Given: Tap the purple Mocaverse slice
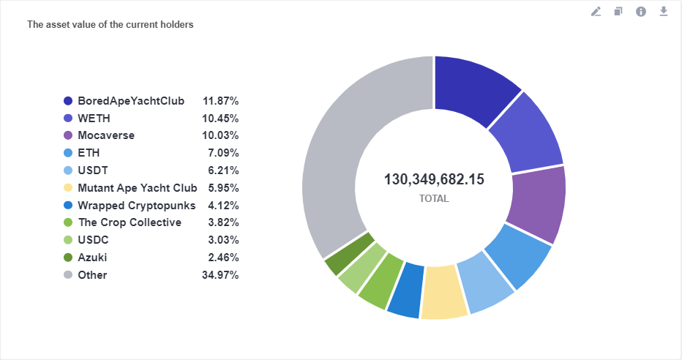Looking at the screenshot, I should tap(538, 205).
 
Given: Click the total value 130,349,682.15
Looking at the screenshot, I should tap(434, 180).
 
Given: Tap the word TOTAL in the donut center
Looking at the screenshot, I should tap(434, 198).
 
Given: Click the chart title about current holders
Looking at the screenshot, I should tap(110, 25).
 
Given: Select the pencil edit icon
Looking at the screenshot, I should tap(596, 12).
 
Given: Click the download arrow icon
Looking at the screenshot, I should tap(664, 12).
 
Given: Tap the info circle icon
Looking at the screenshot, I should tap(641, 12).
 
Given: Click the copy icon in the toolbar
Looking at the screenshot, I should tap(618, 12).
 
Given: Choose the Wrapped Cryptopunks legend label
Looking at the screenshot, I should tap(136, 205).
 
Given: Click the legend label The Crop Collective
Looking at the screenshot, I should tap(130, 222).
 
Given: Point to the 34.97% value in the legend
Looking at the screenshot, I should tap(220, 275).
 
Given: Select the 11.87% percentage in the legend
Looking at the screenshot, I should tap(220, 100).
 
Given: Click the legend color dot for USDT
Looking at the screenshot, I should tap(68, 170).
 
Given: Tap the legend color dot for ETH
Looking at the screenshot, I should tap(68, 153).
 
